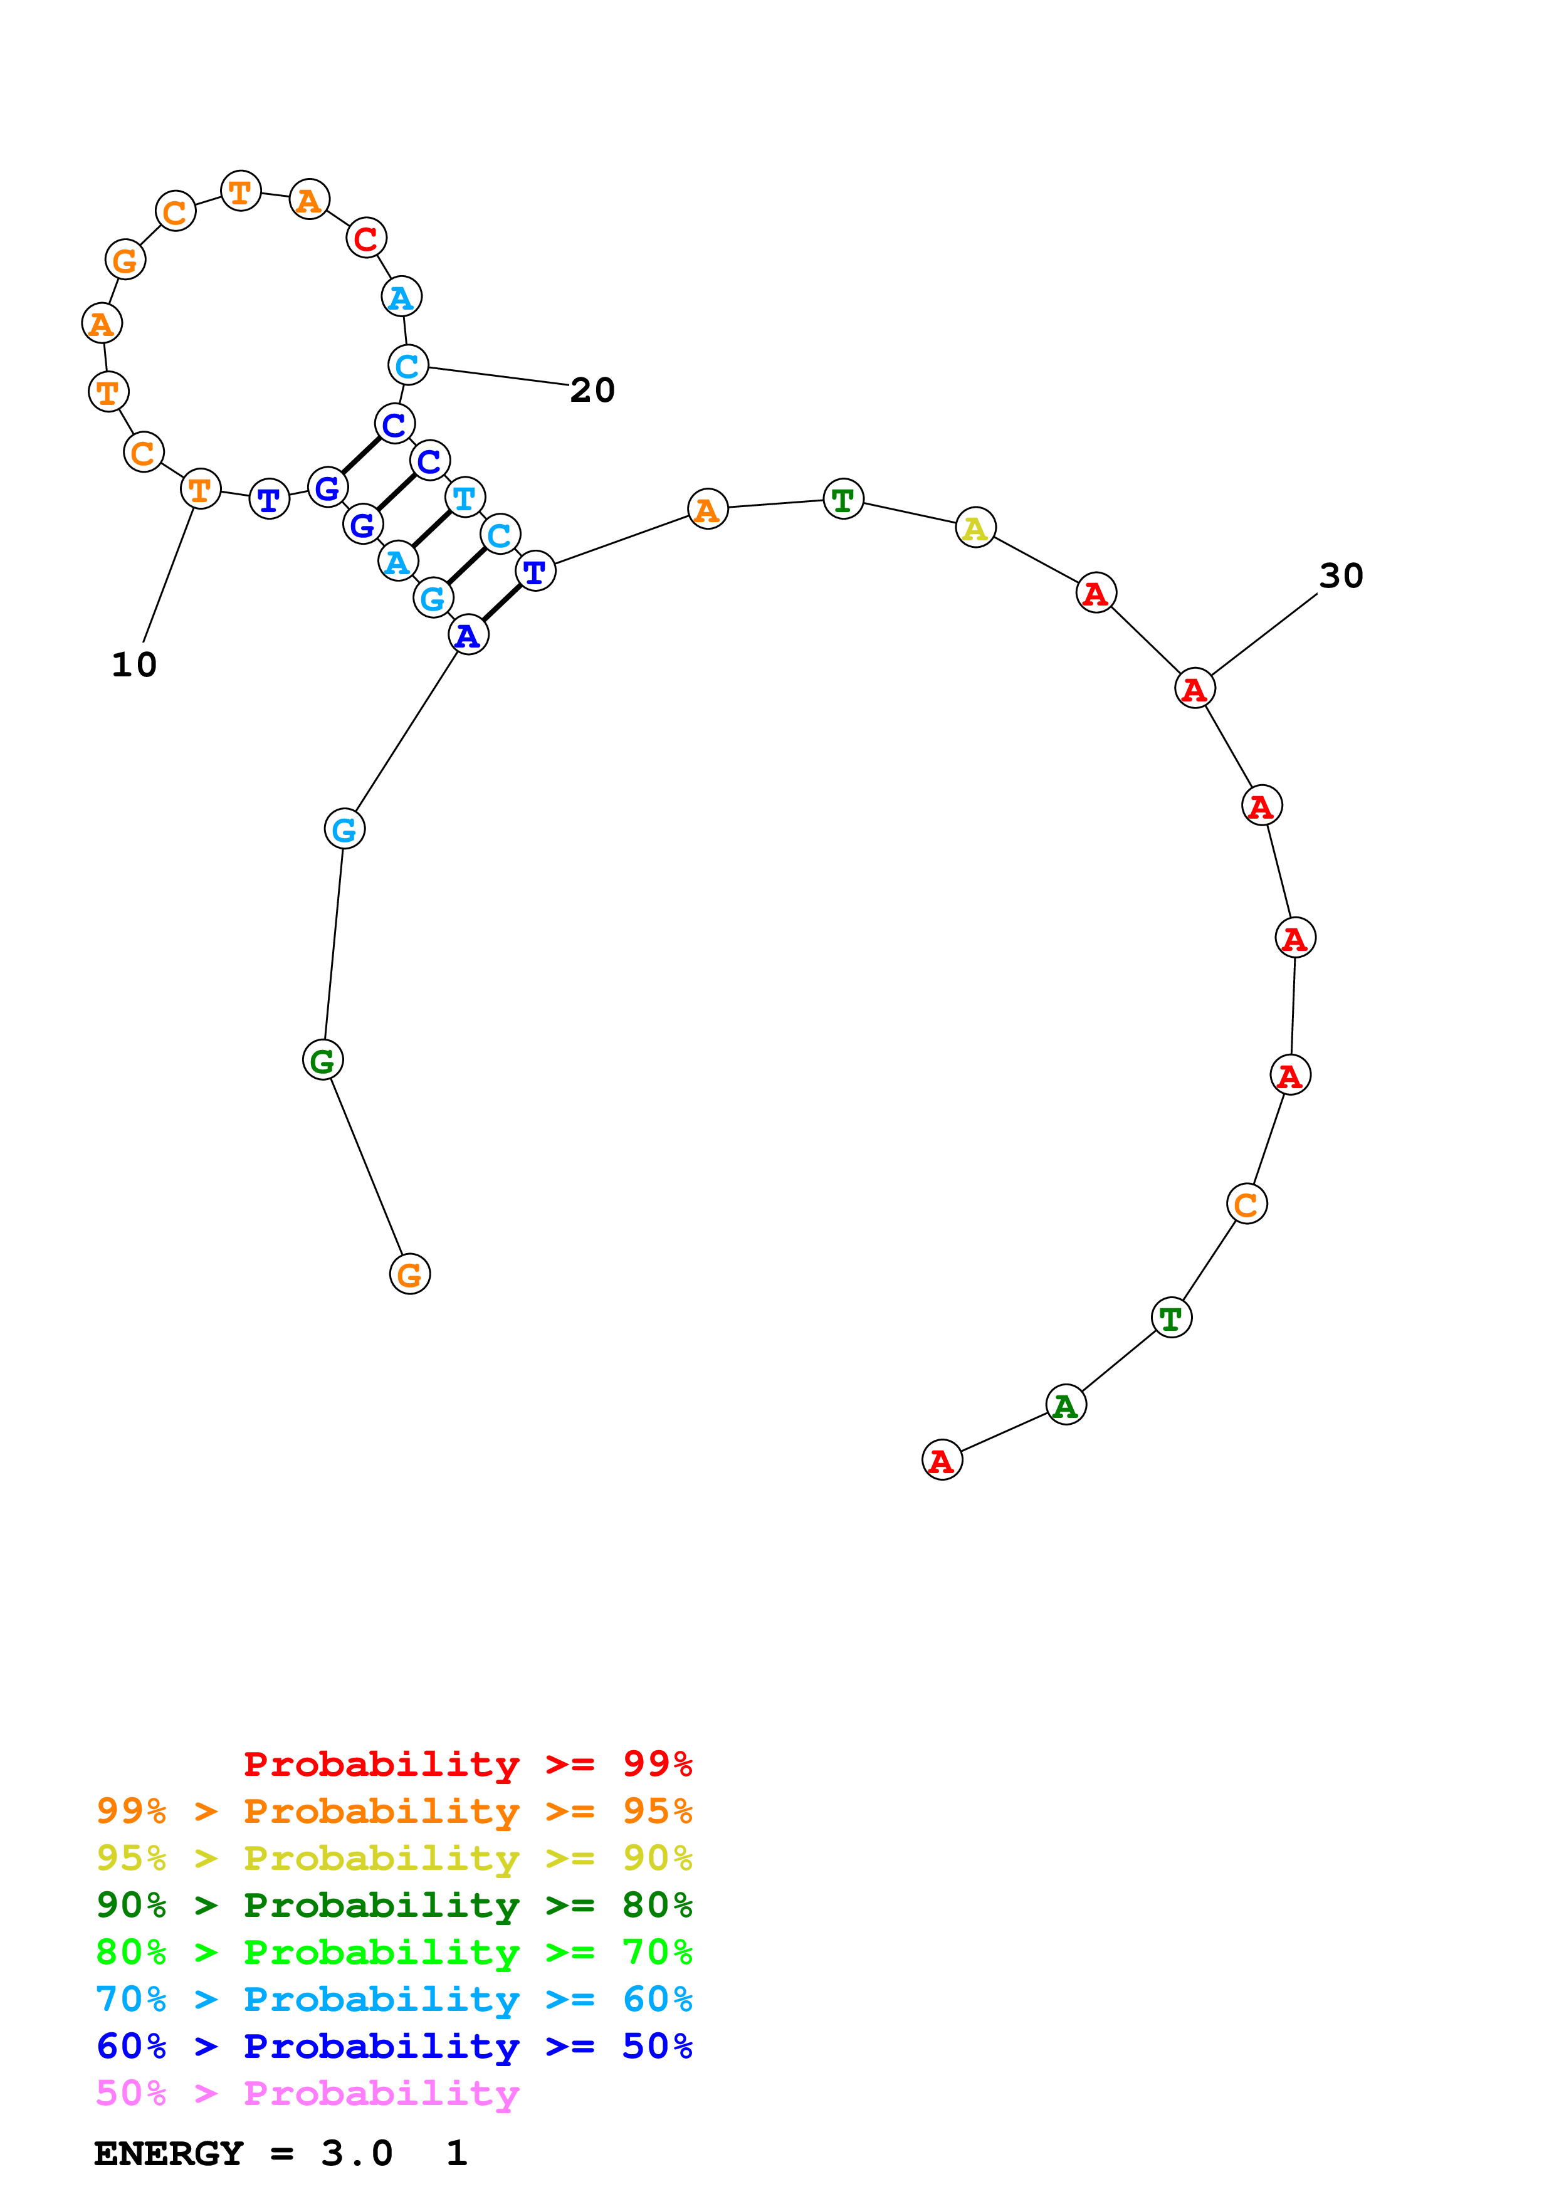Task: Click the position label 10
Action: [134, 664]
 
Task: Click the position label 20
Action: [592, 390]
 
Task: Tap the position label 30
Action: [1340, 575]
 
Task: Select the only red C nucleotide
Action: [365, 238]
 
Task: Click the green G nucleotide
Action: [323, 1060]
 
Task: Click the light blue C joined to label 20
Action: [408, 365]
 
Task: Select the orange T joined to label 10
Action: [200, 490]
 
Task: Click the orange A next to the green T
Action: [708, 508]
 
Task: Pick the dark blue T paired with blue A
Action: [535, 572]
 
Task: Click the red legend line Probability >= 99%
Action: [467, 1764]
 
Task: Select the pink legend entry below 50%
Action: [307, 2094]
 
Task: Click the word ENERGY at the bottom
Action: [169, 2154]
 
